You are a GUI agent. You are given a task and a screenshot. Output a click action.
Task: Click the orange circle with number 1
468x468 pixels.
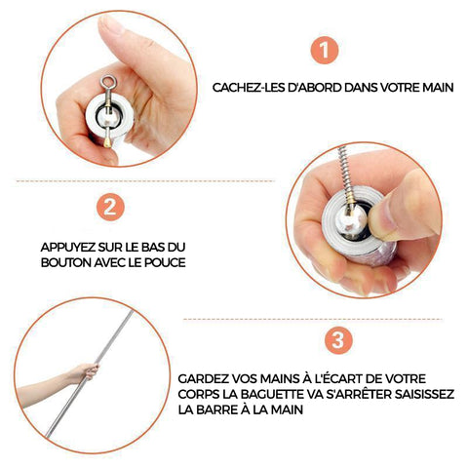[x=325, y=50]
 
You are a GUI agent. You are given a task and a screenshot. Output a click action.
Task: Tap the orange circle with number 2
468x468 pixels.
[x=110, y=207]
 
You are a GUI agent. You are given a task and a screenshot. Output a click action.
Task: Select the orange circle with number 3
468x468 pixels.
[x=338, y=340]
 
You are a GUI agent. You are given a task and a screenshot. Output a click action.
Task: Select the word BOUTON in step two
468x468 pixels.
[x=66, y=262]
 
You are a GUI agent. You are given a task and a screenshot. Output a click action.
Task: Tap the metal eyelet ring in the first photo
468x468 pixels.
[x=107, y=82]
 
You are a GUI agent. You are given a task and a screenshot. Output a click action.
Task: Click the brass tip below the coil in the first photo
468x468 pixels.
[x=108, y=141]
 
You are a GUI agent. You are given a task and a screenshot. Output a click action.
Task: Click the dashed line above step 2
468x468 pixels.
[x=145, y=180]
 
